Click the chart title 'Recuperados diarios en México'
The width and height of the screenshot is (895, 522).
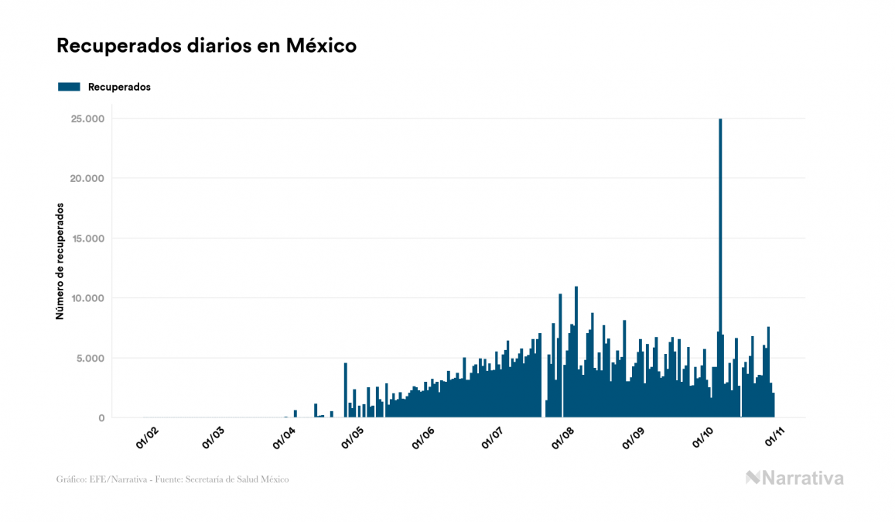coord(207,46)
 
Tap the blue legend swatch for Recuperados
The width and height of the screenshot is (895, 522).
coord(69,88)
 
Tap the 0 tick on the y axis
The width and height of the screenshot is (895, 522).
coord(101,418)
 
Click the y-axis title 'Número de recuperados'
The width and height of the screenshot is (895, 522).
coord(60,262)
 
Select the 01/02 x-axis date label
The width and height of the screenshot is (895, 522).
coord(146,438)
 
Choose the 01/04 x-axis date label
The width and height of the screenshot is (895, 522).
coord(284,438)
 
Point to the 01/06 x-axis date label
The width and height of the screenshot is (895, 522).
coord(424,438)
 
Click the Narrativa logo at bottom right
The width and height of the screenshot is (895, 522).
coord(794,478)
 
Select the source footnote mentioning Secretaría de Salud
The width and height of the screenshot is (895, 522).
coord(173,479)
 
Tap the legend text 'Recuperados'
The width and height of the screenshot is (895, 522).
coord(119,88)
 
